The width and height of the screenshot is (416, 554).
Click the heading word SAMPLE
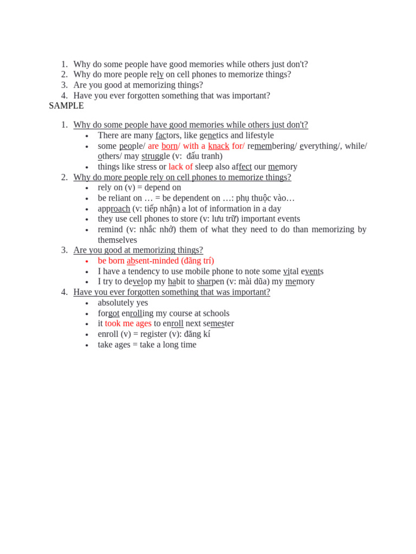click(x=66, y=106)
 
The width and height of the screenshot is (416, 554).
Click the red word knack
click(x=218, y=146)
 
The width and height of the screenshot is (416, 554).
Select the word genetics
click(x=213, y=135)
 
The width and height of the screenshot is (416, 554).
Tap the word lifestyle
click(x=259, y=135)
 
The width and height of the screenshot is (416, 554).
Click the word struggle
click(x=155, y=156)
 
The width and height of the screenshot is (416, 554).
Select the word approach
click(x=114, y=209)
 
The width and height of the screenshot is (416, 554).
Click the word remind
click(x=110, y=229)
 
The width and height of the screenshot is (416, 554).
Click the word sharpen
click(x=210, y=282)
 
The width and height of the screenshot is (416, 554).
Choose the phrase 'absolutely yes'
click(x=123, y=303)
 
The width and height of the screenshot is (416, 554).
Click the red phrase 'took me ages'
click(x=128, y=324)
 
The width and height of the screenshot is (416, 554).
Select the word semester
click(x=218, y=324)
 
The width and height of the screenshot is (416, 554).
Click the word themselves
click(x=117, y=240)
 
